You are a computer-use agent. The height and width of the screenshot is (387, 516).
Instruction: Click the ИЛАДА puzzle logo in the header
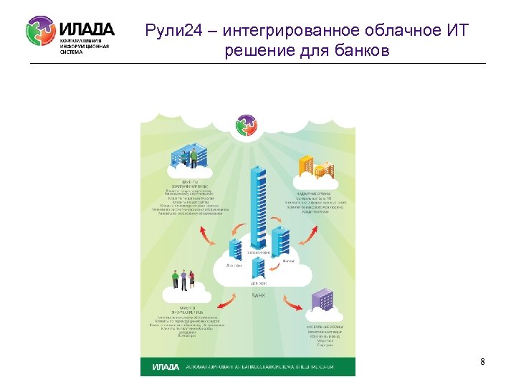tap(40, 32)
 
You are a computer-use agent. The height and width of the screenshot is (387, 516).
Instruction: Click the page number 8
tap(482, 362)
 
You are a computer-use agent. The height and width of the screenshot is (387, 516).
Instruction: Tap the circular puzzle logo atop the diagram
tap(247, 126)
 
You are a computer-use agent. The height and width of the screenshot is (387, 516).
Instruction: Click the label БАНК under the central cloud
tap(259, 295)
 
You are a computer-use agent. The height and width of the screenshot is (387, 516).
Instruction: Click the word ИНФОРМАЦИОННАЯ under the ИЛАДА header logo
tap(85, 46)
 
